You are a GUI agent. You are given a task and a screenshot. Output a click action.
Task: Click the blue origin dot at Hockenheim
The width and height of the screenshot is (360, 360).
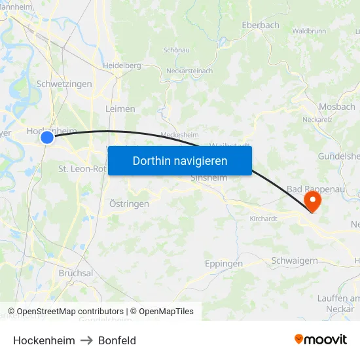pyautogui.click(x=46, y=137)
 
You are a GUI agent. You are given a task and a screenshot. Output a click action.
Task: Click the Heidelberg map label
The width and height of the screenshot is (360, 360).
pyautogui.click(x=122, y=65)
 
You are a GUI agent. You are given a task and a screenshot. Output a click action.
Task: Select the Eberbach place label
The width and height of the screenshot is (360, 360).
pyautogui.click(x=261, y=25)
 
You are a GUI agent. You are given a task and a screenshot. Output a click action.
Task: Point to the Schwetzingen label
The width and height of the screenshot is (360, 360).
pyautogui.click(x=64, y=84)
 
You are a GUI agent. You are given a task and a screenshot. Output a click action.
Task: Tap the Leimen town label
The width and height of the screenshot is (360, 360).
pyautogui.click(x=120, y=109)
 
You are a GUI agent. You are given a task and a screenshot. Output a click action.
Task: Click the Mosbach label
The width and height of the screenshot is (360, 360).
pyautogui.click(x=336, y=107)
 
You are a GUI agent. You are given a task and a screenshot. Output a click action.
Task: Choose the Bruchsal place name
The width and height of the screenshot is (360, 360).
pyautogui.click(x=75, y=273)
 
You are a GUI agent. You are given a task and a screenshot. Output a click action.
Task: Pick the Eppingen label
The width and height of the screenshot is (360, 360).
pyautogui.click(x=224, y=264)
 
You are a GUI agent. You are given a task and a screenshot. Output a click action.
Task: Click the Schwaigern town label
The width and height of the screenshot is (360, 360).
pyautogui.click(x=295, y=261)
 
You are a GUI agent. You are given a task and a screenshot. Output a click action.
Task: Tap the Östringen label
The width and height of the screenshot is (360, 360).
pyautogui.click(x=129, y=204)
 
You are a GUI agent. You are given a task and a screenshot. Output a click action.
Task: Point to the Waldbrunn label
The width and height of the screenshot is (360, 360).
pyautogui.click(x=309, y=31)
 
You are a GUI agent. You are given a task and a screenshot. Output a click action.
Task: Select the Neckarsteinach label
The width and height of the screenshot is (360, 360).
pyautogui.click(x=189, y=71)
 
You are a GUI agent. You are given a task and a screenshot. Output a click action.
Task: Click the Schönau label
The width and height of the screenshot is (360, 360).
pyautogui.click(x=176, y=50)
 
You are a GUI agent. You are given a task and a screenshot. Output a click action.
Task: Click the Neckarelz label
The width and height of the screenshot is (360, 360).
pyautogui.click(x=317, y=120)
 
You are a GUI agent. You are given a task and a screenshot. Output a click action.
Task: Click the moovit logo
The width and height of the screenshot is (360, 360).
pyautogui.click(x=321, y=339)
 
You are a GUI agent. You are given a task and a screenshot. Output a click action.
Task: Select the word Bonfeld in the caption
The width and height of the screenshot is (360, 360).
pyautogui.click(x=117, y=340)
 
